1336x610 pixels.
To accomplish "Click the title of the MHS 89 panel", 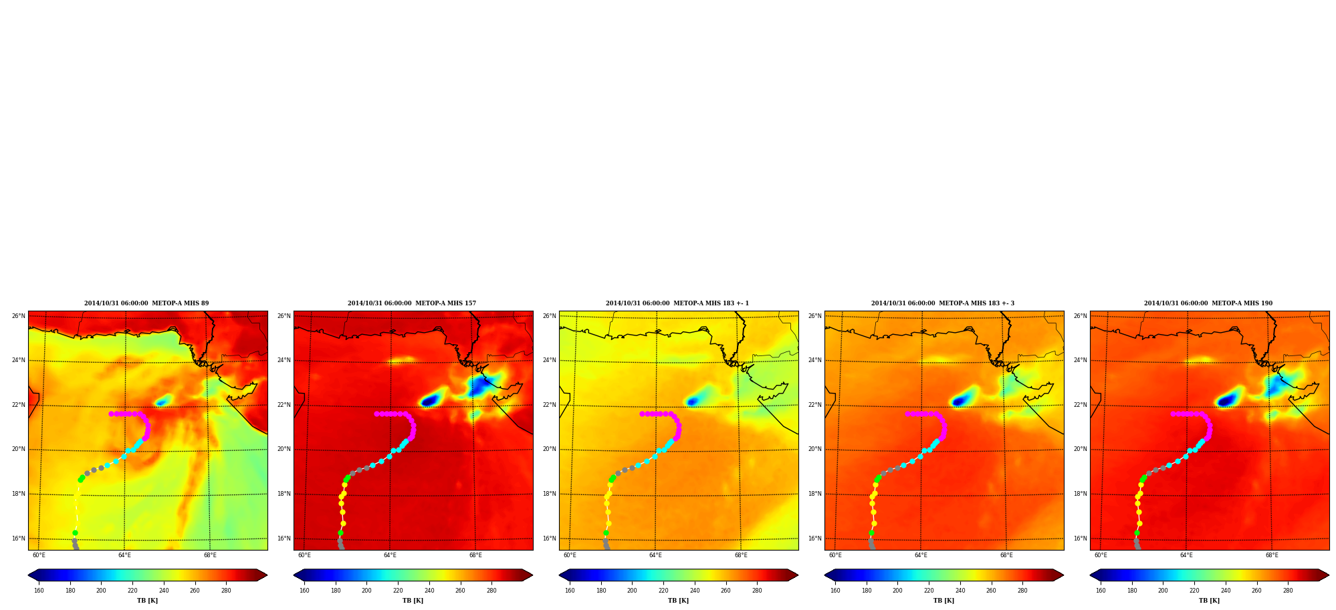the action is (146, 303).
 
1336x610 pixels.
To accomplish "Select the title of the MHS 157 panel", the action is (412, 303).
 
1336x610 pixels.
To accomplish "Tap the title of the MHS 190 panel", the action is (1208, 303).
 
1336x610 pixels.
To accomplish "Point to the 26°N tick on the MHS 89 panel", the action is (18, 316).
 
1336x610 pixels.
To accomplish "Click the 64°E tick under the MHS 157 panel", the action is (390, 555).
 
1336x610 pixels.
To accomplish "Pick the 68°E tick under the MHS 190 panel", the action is (1272, 555).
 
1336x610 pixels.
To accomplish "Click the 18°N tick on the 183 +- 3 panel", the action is (814, 494).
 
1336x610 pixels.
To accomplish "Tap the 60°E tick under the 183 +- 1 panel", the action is (570, 555).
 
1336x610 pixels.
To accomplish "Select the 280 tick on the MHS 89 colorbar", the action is (226, 591).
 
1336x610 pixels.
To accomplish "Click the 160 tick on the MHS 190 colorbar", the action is (1101, 591).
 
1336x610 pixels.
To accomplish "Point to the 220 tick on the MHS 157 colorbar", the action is (398, 591).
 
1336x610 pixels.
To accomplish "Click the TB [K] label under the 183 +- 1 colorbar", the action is (678, 601).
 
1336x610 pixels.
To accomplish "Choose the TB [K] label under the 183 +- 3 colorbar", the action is (943, 601).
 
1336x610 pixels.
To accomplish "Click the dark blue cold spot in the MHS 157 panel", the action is (430, 401).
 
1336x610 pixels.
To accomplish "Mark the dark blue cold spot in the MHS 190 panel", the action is (1226, 401).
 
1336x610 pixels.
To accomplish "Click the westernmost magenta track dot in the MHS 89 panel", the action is (111, 414).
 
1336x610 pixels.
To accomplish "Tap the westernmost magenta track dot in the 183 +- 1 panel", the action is (642, 414).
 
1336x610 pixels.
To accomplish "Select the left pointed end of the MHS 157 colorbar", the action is (294, 575).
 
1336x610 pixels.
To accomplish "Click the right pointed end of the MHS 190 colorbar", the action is (1329, 575).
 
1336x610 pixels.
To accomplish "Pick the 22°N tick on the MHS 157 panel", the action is (284, 405).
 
